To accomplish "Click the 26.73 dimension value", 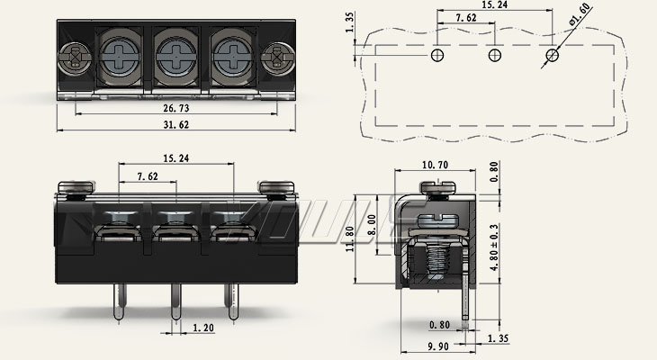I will tap(175, 109).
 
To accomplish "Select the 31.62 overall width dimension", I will tap(175, 125).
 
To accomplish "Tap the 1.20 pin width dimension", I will tap(202, 328).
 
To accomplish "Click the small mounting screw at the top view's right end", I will tap(275, 61).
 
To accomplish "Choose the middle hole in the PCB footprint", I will tap(494, 56).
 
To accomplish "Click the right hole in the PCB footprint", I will tap(551, 56).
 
